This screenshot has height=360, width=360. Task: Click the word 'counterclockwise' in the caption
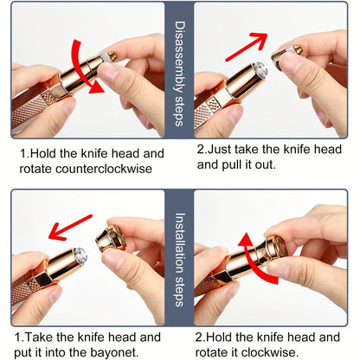tap(104, 169)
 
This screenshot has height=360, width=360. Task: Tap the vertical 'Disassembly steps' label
tap(179, 74)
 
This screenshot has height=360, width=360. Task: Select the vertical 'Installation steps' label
tap(179, 260)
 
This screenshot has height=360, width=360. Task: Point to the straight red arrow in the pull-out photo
tap(247, 46)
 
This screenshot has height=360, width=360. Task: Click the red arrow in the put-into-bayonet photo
tap(70, 227)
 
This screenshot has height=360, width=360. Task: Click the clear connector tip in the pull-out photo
tap(260, 69)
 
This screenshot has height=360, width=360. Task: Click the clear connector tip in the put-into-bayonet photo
tap(80, 255)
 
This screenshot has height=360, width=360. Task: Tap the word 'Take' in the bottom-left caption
tap(39, 337)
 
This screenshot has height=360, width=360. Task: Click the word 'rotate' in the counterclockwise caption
tap(35, 169)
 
